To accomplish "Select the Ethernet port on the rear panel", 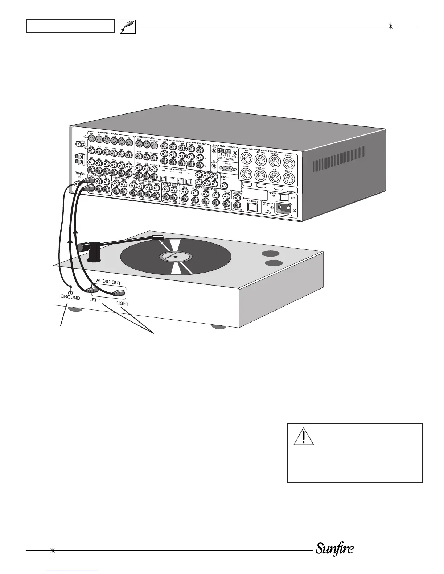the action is pos(252,207).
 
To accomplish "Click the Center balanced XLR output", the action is pos(274,160).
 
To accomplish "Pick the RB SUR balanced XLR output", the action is pos(288,178).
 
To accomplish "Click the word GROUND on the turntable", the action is pos(70,298).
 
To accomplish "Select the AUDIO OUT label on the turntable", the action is pos(108,282).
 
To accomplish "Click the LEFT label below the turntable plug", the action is pos(95,300).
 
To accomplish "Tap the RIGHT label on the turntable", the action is pos(122,303).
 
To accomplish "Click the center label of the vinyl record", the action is pos(175,257).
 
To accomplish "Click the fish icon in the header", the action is pos(128,26).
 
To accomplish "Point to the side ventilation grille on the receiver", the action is pos(338,159).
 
